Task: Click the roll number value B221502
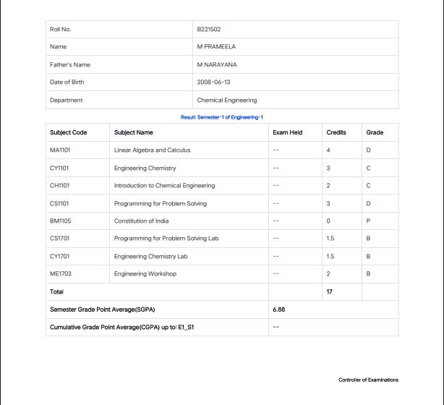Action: coord(209,30)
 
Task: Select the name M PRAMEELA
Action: coord(216,47)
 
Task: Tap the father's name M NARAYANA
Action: coord(217,65)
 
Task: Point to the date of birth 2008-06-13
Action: coord(214,82)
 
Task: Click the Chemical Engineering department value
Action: coord(227,101)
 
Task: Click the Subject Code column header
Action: coord(69,133)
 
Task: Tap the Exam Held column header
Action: coord(288,133)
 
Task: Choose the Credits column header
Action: coord(336,133)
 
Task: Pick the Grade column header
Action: coord(375,133)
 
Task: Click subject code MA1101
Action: coord(60,150)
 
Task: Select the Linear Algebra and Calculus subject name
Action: coord(153,150)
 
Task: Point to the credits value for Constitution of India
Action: coord(328,221)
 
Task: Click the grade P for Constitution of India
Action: coord(369,221)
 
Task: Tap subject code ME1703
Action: coord(61,274)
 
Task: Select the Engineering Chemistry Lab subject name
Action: coord(151,257)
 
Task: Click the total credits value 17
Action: coord(330,292)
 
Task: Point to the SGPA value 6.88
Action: coord(279,310)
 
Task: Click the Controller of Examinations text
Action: coord(368,380)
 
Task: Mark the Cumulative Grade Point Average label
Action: coord(122,328)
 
